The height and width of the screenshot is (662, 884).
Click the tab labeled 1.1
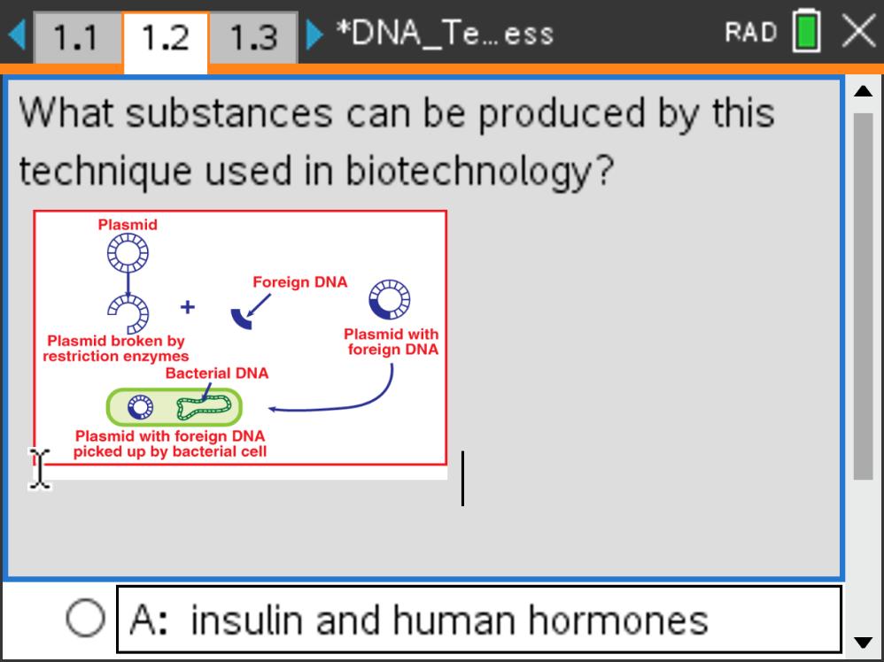(x=75, y=37)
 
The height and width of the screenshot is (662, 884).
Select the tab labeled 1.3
(x=253, y=37)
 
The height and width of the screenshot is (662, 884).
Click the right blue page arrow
(x=314, y=35)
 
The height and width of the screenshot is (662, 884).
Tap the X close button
(x=858, y=31)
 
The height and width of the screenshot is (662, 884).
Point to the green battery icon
(x=806, y=32)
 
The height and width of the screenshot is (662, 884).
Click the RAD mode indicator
(x=751, y=32)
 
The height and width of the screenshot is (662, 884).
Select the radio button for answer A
(x=85, y=618)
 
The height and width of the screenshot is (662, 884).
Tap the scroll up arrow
(x=863, y=91)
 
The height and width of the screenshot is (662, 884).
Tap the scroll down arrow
(x=863, y=643)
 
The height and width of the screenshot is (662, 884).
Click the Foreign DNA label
(x=300, y=282)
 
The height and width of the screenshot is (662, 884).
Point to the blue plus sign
(x=188, y=307)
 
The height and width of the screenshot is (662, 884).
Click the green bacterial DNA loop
(x=204, y=407)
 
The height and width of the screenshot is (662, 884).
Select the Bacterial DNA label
(x=217, y=373)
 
